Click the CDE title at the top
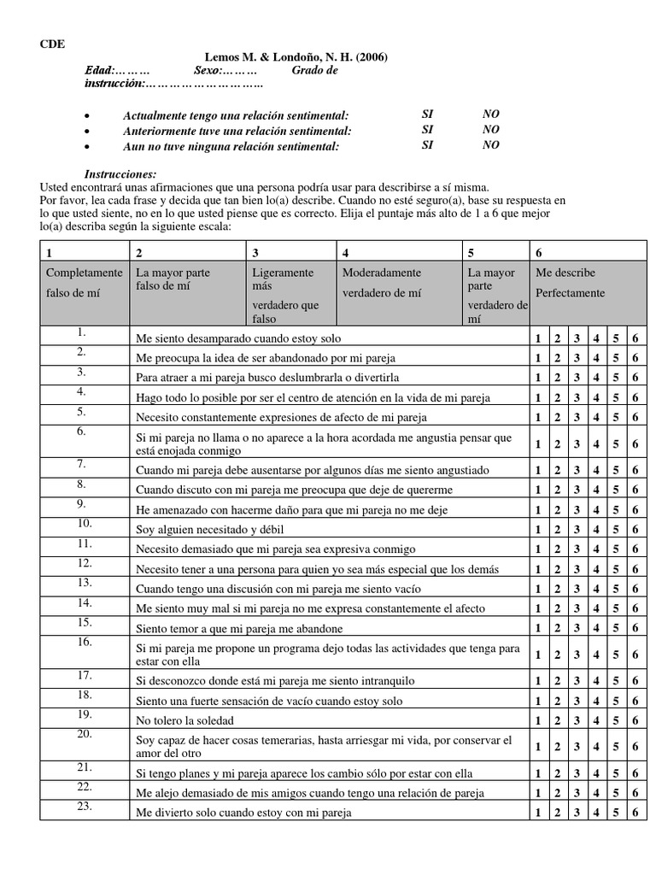tap(52, 44)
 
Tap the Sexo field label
tap(207, 70)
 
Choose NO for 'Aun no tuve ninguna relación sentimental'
tap(490, 145)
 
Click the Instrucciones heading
tap(120, 173)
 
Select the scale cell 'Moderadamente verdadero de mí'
tap(381, 283)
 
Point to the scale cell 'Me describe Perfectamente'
tap(570, 283)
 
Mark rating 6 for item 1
tap(635, 338)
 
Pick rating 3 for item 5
tap(577, 417)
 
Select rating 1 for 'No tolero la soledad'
tap(538, 719)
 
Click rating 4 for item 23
tap(596, 813)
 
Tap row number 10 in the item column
tap(84, 523)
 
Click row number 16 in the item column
tap(84, 642)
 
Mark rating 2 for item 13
tap(557, 589)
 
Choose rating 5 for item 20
tap(616, 747)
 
